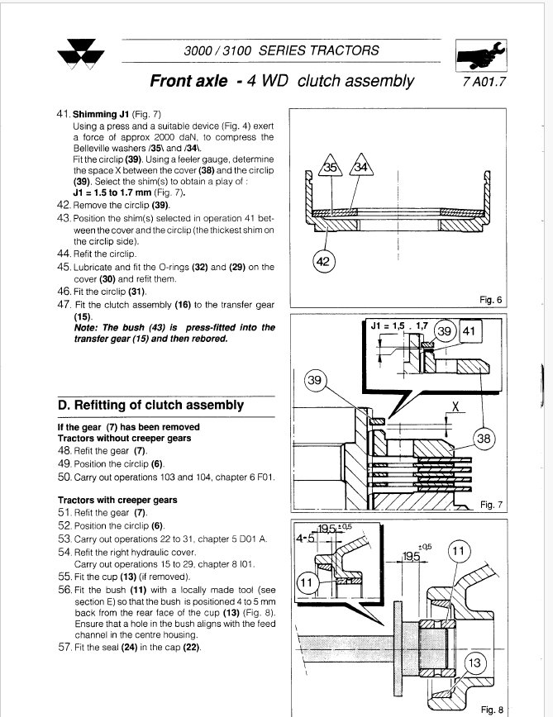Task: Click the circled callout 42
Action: point(324,262)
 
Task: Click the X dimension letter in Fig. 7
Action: point(455,407)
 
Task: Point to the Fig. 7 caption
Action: point(492,503)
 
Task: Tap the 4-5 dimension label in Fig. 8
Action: point(305,539)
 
